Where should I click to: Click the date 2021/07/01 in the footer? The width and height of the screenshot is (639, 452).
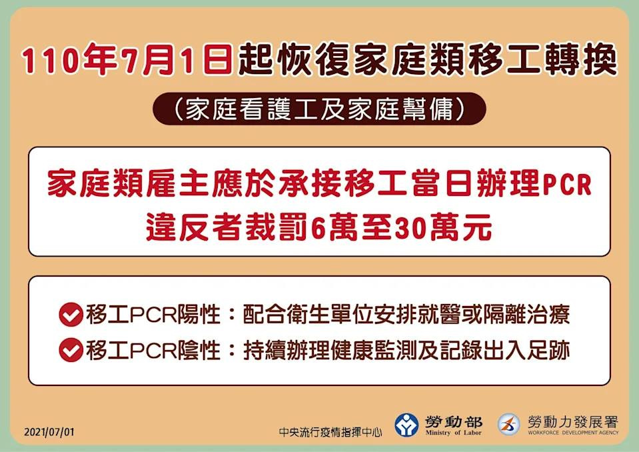tap(49, 432)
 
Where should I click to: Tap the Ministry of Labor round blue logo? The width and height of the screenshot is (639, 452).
tap(406, 425)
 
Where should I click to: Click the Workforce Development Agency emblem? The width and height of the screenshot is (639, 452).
tap(509, 424)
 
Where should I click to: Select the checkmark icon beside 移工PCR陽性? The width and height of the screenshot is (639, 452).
tap(71, 315)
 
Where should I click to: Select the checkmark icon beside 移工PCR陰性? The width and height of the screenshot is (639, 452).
tap(71, 350)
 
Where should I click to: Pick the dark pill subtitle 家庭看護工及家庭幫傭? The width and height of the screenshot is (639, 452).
tap(320, 109)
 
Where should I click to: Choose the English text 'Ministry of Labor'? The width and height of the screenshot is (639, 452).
tap(453, 433)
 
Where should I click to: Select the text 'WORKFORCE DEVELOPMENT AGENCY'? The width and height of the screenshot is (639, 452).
tap(573, 433)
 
